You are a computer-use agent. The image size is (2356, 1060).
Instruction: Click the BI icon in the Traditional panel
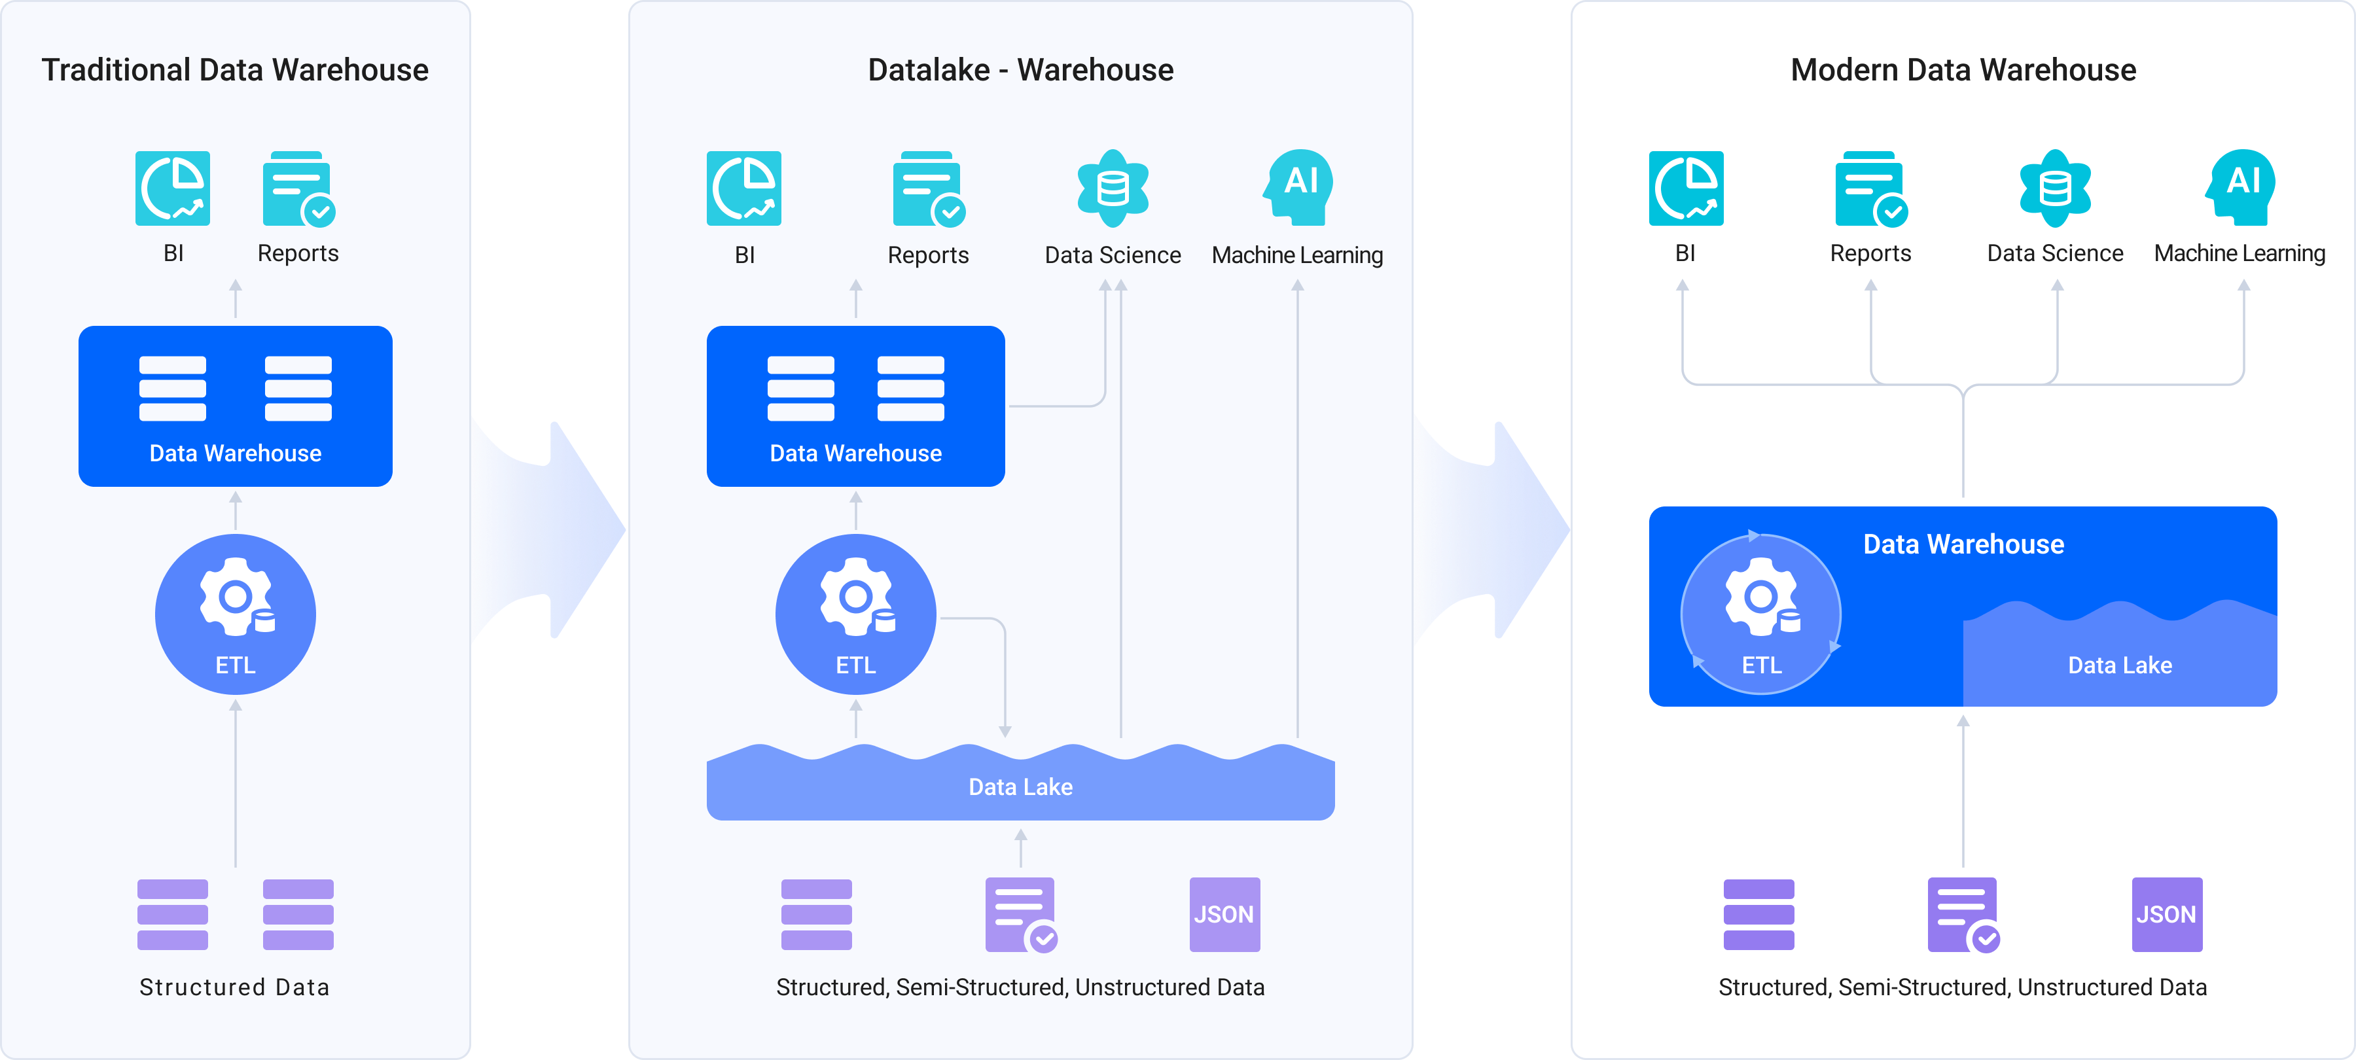coord(173,188)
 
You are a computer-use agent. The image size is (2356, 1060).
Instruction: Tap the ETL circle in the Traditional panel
coord(235,614)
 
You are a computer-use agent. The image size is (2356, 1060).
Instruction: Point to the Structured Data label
coord(234,987)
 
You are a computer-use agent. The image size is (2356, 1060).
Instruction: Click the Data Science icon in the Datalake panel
coord(1112,188)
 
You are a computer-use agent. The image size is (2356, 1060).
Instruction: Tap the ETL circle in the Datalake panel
coord(855,614)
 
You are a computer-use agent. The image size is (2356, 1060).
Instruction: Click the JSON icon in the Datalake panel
coord(1224,915)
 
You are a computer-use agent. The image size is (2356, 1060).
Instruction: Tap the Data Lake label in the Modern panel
coord(2119,665)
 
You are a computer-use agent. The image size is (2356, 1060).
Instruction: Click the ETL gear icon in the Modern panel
coord(1760,595)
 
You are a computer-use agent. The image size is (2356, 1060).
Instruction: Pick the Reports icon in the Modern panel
coord(1870,188)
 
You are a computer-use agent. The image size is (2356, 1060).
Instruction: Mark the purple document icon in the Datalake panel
coord(1020,915)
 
